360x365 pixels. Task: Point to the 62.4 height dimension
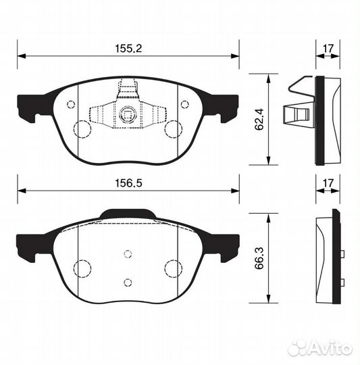(258, 119)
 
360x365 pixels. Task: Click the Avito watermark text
(332, 349)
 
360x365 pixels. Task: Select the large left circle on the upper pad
(82, 128)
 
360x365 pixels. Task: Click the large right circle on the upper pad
(174, 128)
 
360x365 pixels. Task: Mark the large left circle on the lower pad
(82, 268)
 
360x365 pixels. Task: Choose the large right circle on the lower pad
(174, 268)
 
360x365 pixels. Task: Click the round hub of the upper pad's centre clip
(127, 115)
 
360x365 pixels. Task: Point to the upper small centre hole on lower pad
(127, 254)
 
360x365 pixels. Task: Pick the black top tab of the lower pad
(127, 215)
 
